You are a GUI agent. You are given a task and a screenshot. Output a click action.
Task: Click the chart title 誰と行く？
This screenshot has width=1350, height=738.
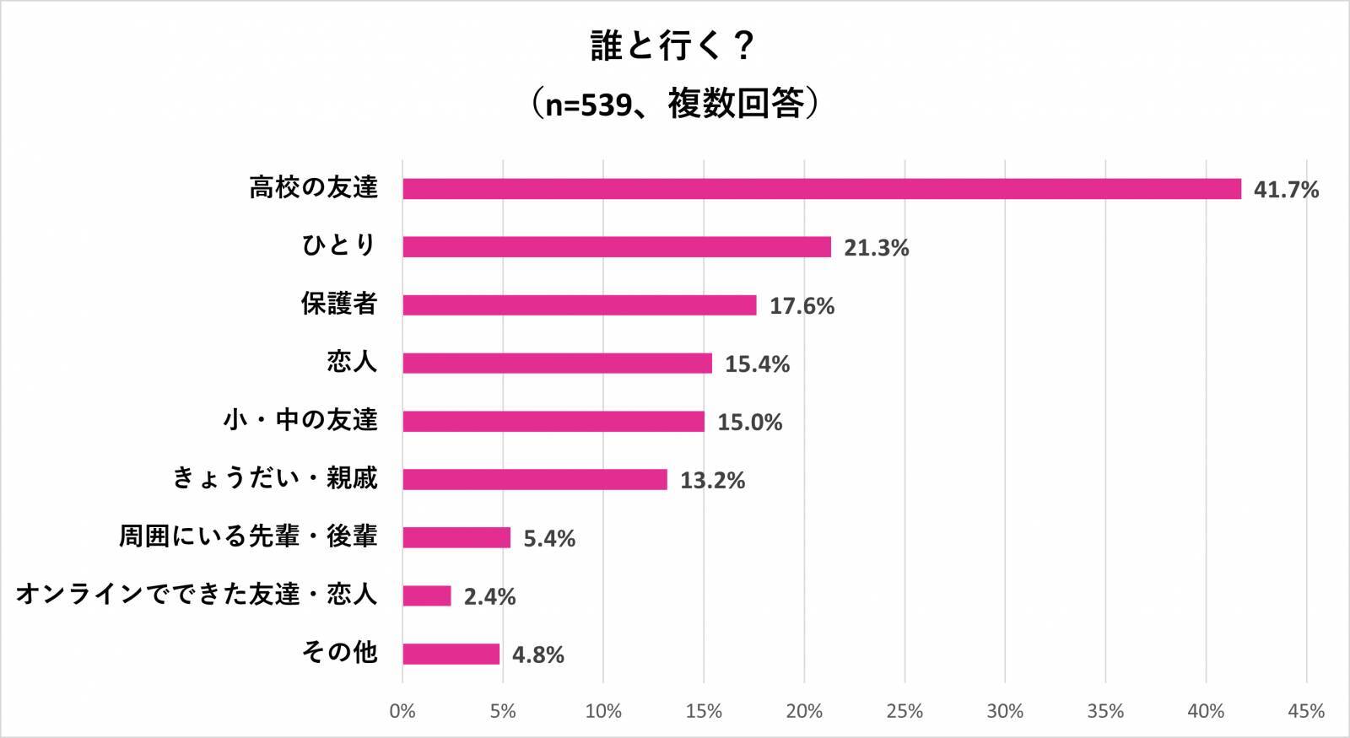click(673, 46)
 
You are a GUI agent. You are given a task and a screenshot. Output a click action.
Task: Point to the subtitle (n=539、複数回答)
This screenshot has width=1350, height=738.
click(673, 105)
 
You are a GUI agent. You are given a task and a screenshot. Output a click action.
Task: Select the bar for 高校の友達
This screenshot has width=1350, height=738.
click(821, 189)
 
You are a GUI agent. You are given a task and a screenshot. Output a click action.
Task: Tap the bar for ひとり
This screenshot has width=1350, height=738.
click(616, 247)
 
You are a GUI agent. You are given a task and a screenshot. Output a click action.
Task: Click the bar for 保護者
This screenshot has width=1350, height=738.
click(579, 305)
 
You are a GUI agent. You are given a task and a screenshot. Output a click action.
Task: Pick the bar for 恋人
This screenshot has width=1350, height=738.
click(557, 364)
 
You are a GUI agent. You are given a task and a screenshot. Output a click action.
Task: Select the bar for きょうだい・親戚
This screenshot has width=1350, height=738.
click(534, 480)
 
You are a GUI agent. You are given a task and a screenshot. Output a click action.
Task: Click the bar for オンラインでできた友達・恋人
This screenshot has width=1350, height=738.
click(426, 596)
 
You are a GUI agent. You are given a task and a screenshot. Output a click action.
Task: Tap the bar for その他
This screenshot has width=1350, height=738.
click(451, 655)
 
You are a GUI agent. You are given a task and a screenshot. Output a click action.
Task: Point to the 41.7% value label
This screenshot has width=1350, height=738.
click(1285, 190)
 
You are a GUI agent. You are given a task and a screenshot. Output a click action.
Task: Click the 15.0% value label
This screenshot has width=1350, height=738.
click(749, 423)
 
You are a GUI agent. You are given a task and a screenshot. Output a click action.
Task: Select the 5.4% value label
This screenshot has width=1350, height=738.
click(549, 539)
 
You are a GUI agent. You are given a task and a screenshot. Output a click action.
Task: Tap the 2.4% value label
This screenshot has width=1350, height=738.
click(489, 597)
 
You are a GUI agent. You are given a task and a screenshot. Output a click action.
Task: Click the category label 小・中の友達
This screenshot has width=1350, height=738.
click(300, 420)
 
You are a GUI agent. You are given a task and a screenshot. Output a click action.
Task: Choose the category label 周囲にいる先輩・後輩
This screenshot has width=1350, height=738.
click(247, 536)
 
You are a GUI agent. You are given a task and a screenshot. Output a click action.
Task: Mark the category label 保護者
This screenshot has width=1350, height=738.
click(339, 304)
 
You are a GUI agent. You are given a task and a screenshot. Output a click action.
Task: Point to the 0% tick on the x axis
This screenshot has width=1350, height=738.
click(402, 712)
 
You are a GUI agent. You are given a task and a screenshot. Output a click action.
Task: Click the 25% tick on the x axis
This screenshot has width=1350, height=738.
click(904, 712)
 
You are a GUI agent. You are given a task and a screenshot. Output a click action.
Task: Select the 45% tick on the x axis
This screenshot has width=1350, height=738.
click(1306, 712)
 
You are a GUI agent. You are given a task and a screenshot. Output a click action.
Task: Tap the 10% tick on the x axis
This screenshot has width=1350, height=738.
click(603, 712)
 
